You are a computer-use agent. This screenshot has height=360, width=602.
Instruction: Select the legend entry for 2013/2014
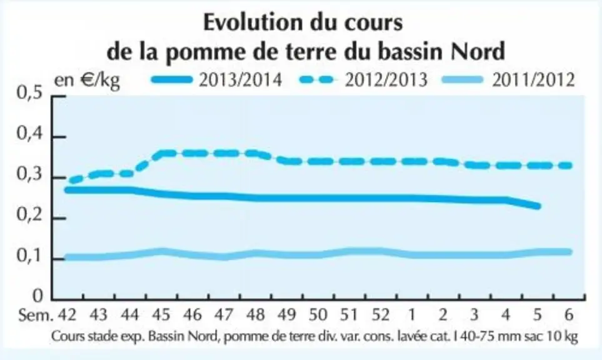[217, 80]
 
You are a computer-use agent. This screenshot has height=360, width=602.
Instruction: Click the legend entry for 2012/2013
[363, 80]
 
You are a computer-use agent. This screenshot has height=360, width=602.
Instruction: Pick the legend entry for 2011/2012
[509, 80]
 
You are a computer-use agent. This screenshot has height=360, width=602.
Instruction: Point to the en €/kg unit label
[87, 81]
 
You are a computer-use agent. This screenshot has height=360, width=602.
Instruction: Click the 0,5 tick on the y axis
[29, 93]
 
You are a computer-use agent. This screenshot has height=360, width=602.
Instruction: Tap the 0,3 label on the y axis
[29, 174]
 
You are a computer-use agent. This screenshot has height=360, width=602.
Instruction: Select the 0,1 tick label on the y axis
[29, 256]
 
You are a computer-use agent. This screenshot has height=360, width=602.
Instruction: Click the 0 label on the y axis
[38, 296]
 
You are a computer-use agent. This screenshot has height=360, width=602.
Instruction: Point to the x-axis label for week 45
[161, 315]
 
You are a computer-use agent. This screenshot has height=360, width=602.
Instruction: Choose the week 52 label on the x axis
[381, 315]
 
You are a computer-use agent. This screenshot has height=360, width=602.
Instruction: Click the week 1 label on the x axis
[411, 315]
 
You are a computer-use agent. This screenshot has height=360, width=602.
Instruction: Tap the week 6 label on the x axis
[569, 315]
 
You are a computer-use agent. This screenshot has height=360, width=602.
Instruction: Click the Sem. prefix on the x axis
[36, 315]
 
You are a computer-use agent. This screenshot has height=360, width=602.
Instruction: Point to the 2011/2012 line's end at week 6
[569, 252]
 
